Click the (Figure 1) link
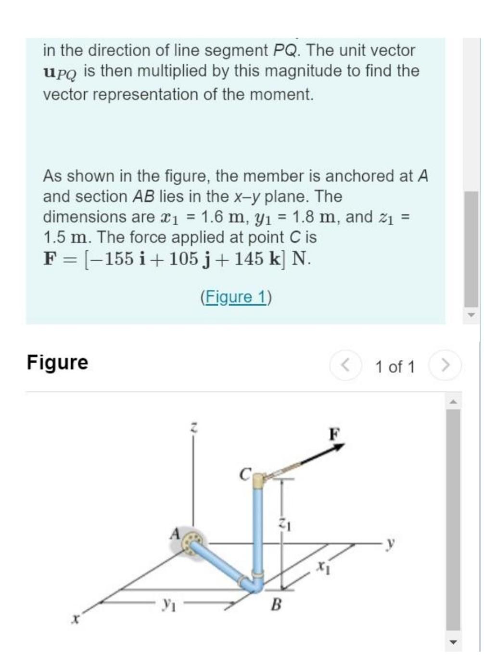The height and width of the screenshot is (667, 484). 236,297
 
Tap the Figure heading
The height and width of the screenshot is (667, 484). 57,362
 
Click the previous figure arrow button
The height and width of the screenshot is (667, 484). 345,366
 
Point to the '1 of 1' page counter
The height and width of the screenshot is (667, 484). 395,367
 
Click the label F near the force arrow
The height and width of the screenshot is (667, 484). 334,434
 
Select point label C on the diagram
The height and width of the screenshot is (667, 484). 245,475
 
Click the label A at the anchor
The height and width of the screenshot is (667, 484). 175,533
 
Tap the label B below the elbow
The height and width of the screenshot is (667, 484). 276,604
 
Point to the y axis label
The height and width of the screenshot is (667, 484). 391,543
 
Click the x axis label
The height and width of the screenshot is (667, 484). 75,620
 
